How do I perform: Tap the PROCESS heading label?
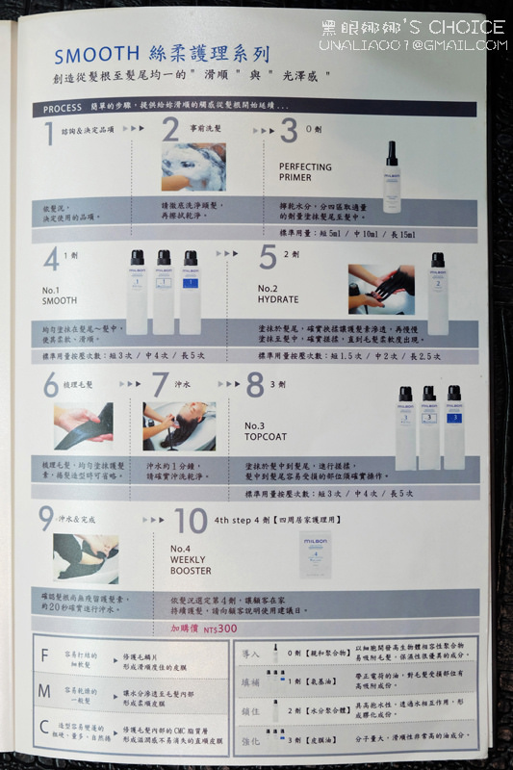(64, 109)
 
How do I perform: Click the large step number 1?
(49, 135)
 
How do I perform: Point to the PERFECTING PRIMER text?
(305, 172)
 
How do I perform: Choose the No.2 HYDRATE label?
(278, 294)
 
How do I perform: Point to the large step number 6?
(50, 385)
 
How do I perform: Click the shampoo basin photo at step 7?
(179, 426)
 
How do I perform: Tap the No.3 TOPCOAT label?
(268, 431)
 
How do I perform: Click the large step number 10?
(191, 521)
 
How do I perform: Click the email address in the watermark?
(415, 44)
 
